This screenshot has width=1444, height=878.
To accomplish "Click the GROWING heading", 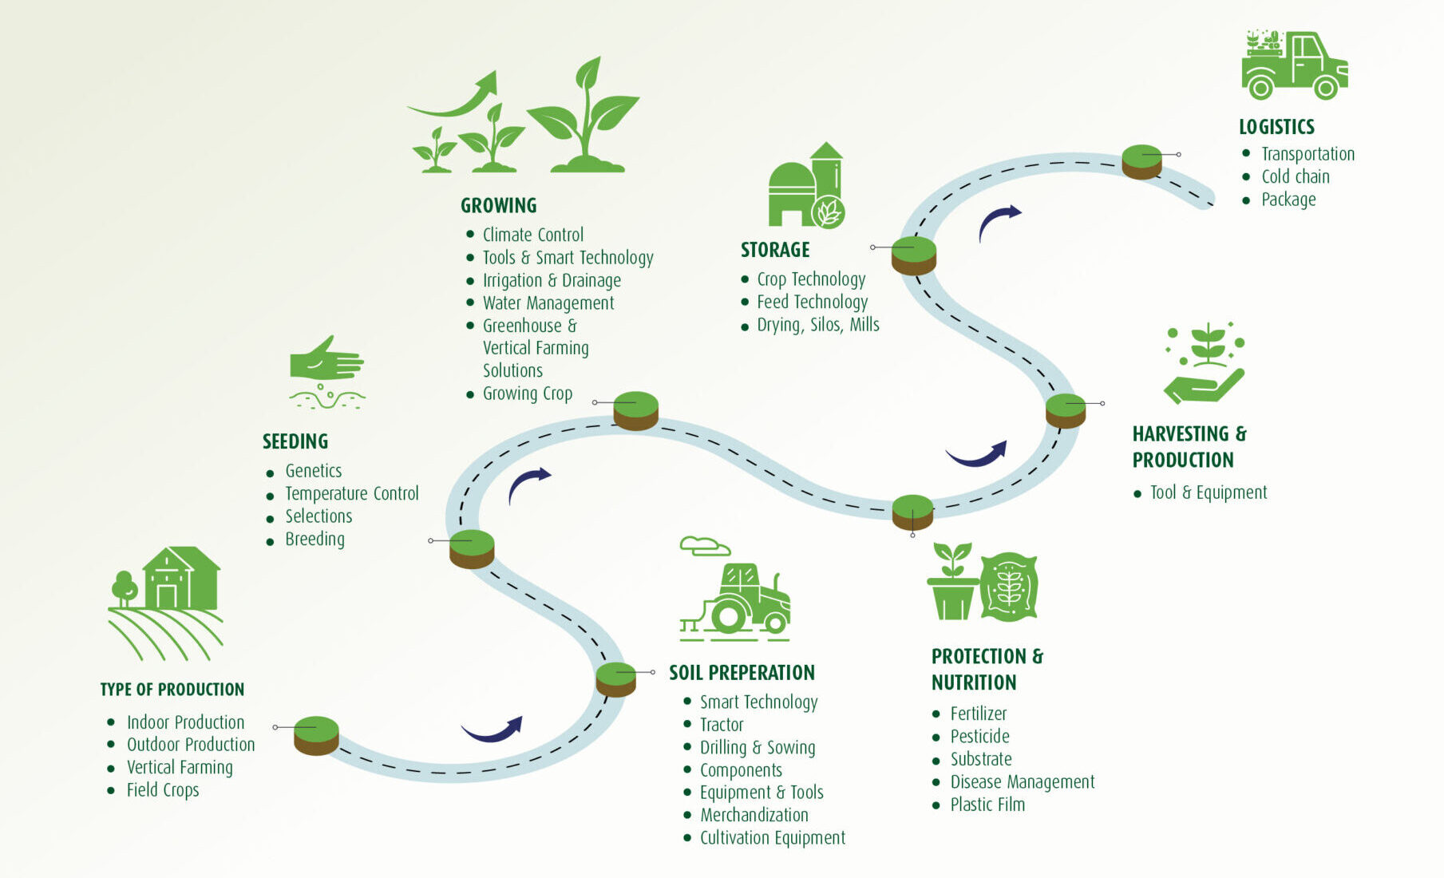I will [499, 206].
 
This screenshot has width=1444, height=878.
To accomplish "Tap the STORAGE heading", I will [774, 251].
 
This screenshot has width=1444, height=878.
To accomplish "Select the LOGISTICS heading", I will [1276, 127].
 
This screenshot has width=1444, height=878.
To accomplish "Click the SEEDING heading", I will [295, 442].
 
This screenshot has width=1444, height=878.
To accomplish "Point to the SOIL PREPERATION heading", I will [742, 673].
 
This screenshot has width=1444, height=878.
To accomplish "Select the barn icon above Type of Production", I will [180, 579].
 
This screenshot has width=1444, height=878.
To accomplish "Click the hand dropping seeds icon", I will [326, 371].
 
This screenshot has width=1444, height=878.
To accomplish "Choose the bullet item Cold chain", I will [1295, 177].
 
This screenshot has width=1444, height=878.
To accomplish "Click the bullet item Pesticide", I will [979, 737].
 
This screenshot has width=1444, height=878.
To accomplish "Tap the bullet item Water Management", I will [548, 303].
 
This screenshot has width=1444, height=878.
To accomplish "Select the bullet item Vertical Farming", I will [180, 768].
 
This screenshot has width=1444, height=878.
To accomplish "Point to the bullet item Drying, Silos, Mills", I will [817, 325].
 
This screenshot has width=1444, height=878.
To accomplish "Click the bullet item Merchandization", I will [754, 815].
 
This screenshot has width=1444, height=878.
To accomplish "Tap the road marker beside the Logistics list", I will [1141, 160].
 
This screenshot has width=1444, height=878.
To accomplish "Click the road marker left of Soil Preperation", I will [615, 678].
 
